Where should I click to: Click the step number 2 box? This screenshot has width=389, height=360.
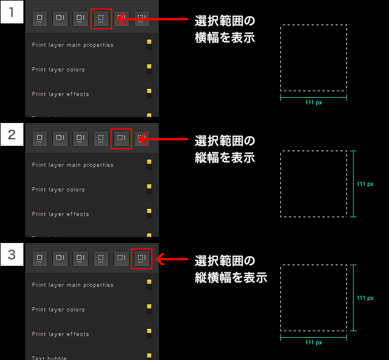[11, 135]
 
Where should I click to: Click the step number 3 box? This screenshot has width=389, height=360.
[11, 254]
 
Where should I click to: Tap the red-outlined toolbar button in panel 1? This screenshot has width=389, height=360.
[101, 19]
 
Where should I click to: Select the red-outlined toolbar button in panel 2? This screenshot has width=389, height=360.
[121, 139]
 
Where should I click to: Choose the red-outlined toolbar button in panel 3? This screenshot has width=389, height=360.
[141, 259]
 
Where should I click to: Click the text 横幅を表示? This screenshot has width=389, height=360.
[225, 37]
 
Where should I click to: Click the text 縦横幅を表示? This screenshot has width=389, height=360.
[231, 278]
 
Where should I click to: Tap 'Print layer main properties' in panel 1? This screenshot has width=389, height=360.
[73, 45]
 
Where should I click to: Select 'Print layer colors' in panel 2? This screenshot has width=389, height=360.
[58, 190]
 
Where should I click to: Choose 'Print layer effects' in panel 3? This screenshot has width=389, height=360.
[60, 334]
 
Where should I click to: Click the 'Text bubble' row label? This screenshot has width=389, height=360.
[49, 358]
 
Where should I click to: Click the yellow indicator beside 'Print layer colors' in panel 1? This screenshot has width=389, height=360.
[149, 67]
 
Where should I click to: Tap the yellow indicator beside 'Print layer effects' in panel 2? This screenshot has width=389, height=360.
[149, 212]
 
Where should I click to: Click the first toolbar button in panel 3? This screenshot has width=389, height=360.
[40, 259]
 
